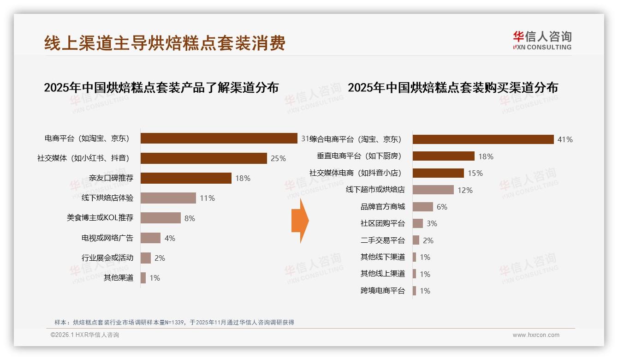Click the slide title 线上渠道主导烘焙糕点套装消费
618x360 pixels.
click(x=165, y=43)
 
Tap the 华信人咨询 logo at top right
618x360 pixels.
click(x=542, y=40)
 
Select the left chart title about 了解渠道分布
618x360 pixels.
click(x=161, y=87)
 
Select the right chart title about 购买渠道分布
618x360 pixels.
click(x=452, y=87)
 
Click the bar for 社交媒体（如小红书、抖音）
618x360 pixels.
click(x=203, y=158)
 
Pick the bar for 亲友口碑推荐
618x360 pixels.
click(x=186, y=178)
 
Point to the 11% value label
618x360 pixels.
click(x=207, y=198)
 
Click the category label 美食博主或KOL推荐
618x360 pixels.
click(x=100, y=218)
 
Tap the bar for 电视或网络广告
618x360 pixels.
click(x=150, y=238)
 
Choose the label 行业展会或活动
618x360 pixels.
click(x=107, y=258)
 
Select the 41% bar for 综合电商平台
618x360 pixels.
click(x=483, y=139)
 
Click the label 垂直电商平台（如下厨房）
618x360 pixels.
click(x=359, y=156)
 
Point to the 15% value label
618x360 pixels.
click(x=475, y=173)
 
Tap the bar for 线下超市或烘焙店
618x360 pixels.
click(x=433, y=190)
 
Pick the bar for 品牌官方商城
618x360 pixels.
click(x=422, y=207)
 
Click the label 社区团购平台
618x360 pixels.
click(x=382, y=223)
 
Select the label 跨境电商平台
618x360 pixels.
click(x=382, y=291)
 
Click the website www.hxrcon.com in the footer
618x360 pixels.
click(x=536, y=335)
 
